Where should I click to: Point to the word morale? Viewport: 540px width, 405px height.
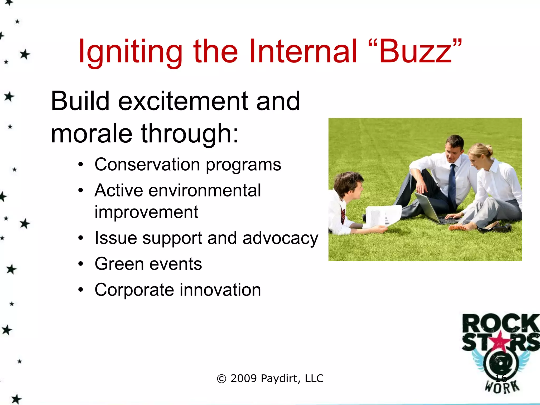pyautogui.click(x=91, y=134)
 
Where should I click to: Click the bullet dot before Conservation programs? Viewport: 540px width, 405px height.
pyautogui.click(x=81, y=165)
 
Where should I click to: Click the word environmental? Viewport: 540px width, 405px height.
pyautogui.click(x=204, y=190)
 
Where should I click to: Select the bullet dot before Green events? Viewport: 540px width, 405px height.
pyautogui.click(x=81, y=264)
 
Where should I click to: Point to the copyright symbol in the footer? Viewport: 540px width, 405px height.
pyautogui.click(x=221, y=379)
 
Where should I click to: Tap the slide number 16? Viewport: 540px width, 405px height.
pyautogui.click(x=501, y=378)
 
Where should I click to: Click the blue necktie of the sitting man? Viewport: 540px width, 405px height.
pyautogui.click(x=452, y=185)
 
